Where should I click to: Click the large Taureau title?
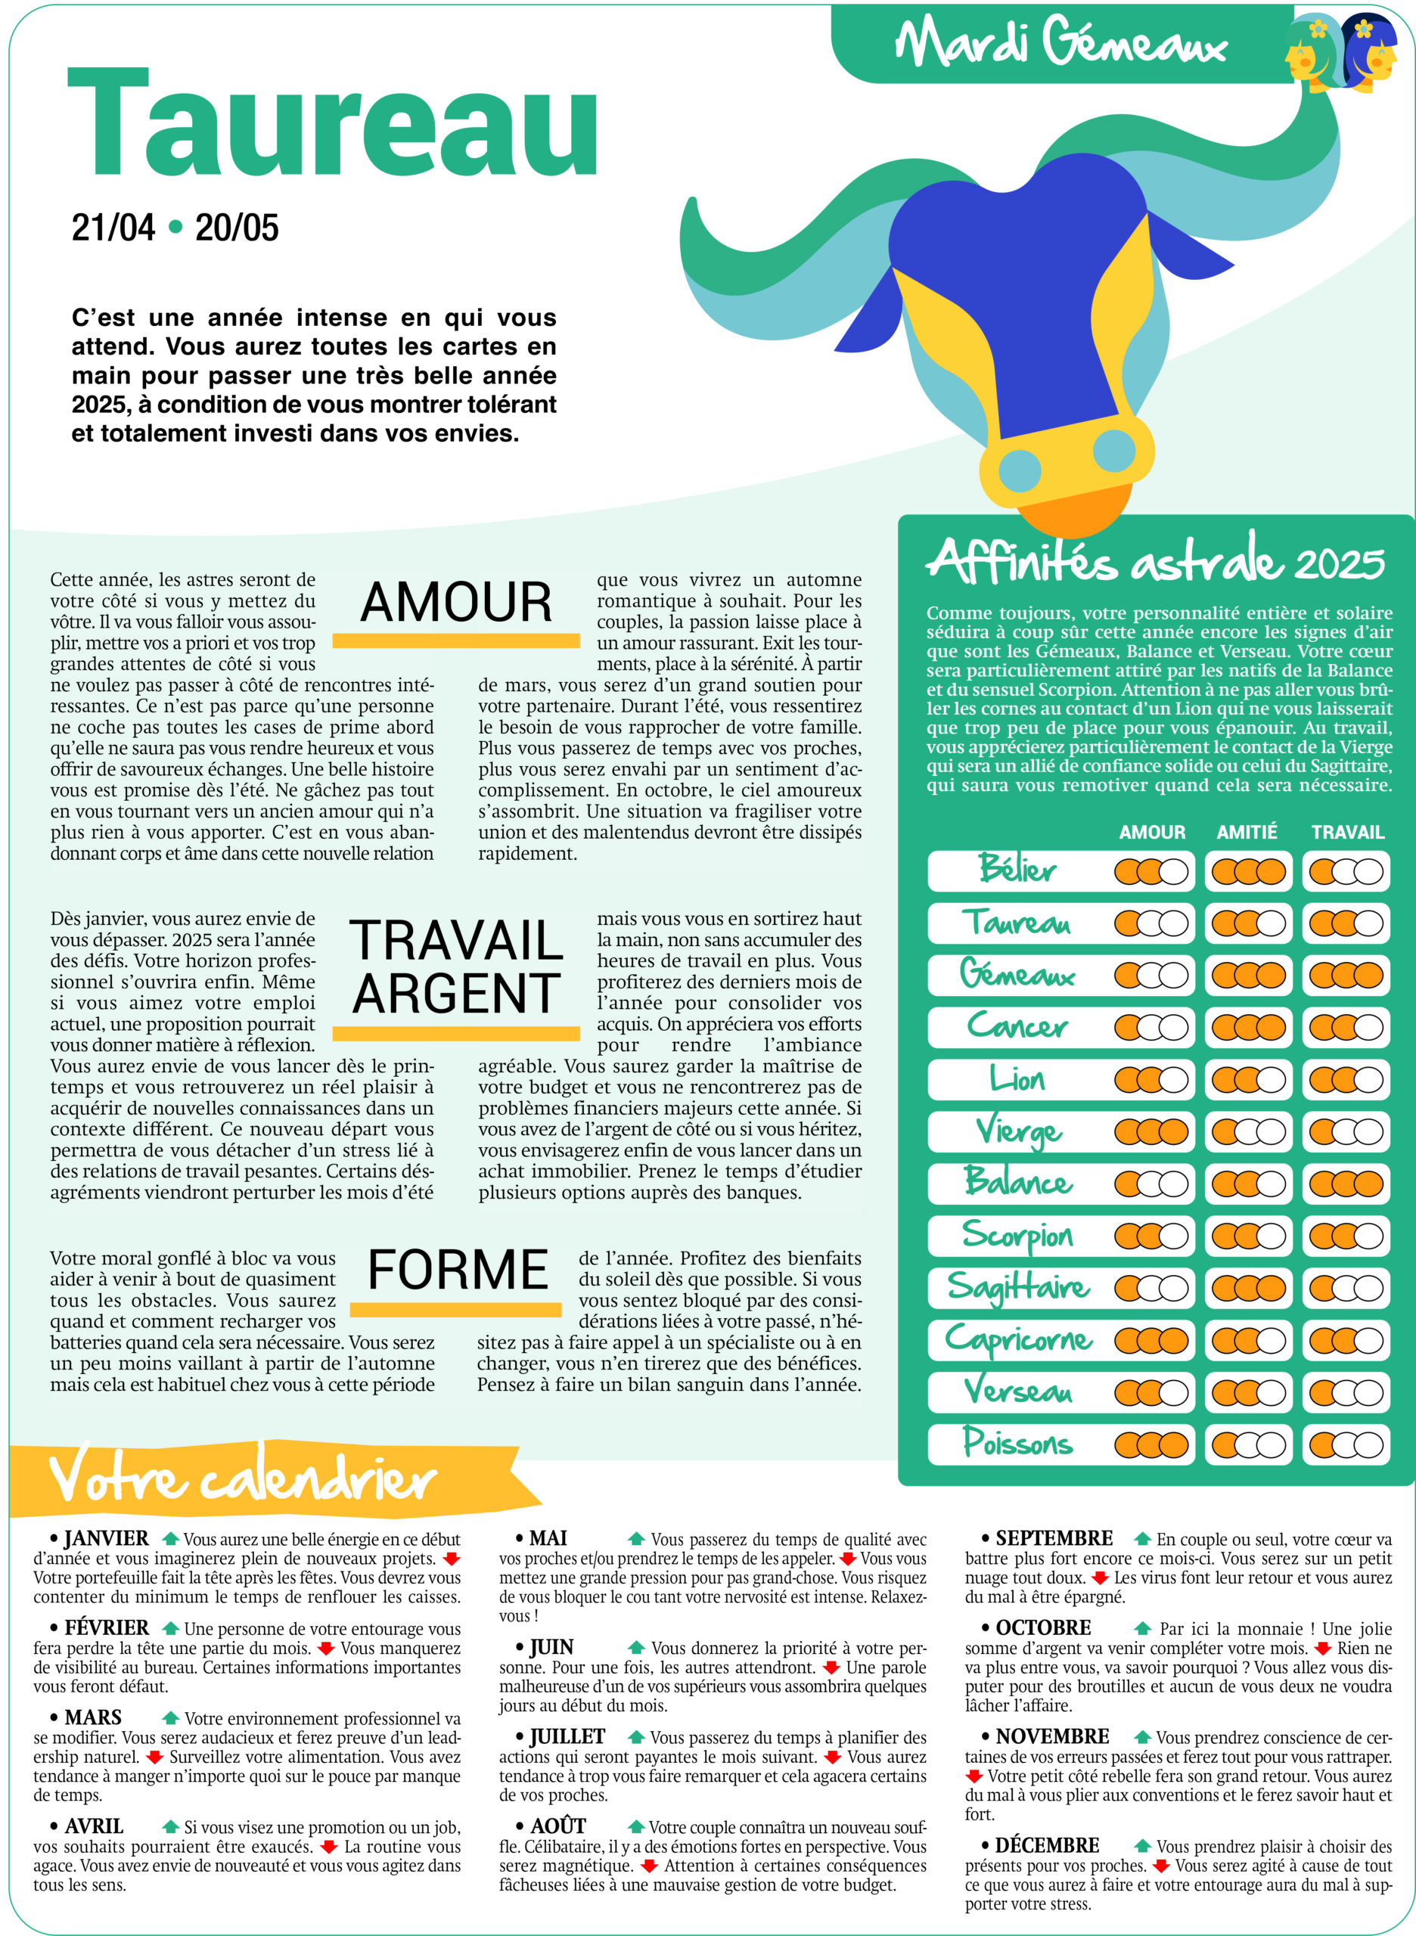pos(333,122)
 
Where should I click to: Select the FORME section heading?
pos(458,1269)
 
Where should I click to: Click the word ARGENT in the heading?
pos(456,993)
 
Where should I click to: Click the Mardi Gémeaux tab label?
pos(1061,43)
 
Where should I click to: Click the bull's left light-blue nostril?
pos(1020,470)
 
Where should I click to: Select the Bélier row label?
pos(1017,870)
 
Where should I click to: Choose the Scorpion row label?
pos(1017,1235)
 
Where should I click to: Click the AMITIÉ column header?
pos(1247,832)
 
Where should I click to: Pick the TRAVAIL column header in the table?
pos(1347,832)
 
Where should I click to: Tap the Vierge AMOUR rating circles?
pos(1151,1132)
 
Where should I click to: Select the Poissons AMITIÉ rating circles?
pos(1248,1445)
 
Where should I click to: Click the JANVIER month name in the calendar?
pos(107,1538)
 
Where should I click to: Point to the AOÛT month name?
pos(558,1826)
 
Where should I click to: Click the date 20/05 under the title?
pos(237,228)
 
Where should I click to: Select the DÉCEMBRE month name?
pos(1047,1845)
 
